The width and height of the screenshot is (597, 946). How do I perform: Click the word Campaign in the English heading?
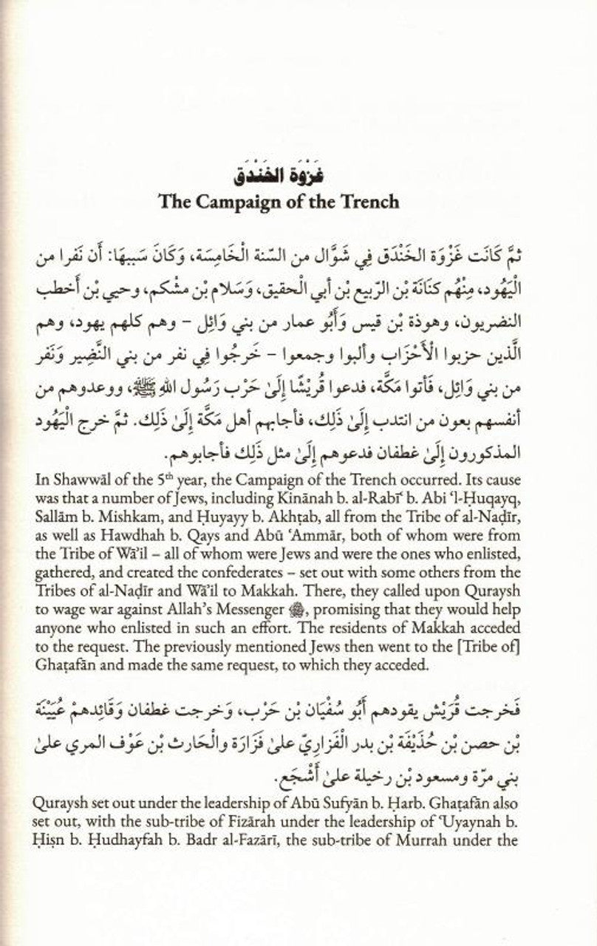pos(276,202)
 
